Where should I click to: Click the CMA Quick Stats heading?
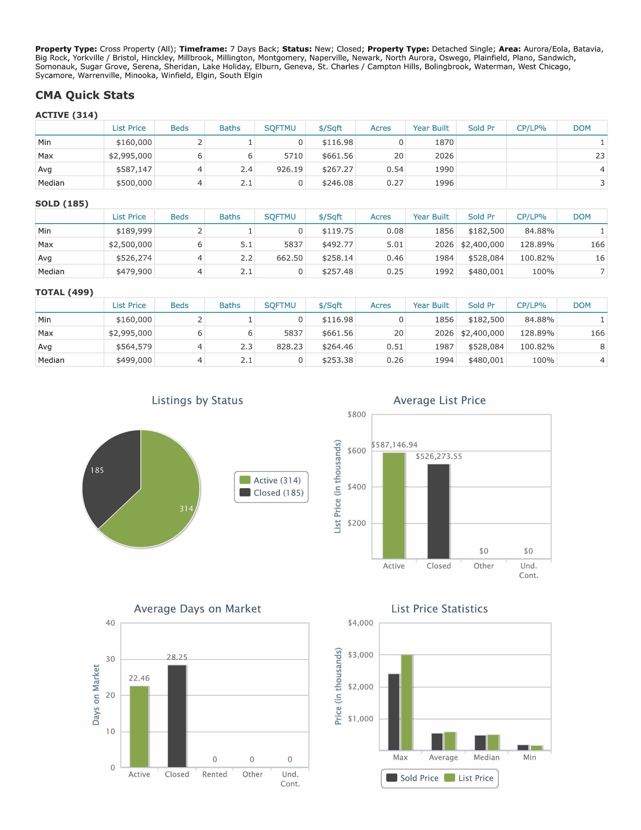point(85,95)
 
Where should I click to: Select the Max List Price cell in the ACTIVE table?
point(130,156)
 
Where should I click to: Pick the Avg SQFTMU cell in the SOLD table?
point(280,258)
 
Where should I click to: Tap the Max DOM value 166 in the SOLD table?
point(597,244)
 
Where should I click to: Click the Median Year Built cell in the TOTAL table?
point(431,360)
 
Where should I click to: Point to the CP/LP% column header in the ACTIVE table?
point(531,128)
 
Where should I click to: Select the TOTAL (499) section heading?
point(64,292)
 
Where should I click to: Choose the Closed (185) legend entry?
point(271,493)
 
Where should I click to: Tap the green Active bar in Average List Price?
point(394,505)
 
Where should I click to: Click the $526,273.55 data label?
point(439,456)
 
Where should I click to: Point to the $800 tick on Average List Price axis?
point(357,415)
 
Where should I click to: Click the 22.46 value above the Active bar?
point(139,678)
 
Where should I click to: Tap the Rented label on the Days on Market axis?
point(215,774)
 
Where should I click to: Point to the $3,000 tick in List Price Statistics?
point(361,655)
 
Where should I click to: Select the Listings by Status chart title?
point(197,400)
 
